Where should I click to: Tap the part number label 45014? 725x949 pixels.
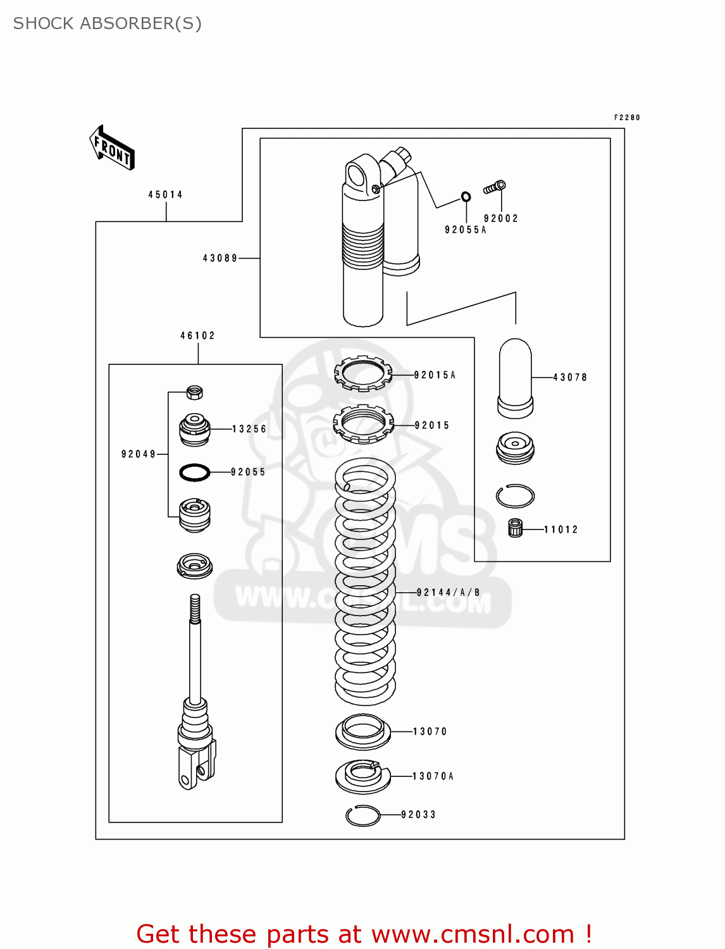(166, 195)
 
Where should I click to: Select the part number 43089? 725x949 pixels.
(220, 258)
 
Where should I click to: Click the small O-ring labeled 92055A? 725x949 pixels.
(466, 197)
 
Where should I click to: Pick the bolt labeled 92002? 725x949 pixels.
(495, 187)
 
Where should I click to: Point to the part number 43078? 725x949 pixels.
(570, 378)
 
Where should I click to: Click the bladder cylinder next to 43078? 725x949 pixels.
(515, 378)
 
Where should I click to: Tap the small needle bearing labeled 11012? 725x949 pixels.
(516, 528)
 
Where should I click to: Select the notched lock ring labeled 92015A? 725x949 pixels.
(363, 373)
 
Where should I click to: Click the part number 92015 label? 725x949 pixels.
(432, 426)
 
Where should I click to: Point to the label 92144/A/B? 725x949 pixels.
(449, 593)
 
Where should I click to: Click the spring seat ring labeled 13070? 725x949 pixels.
(362, 732)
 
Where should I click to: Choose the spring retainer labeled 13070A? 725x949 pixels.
(363, 776)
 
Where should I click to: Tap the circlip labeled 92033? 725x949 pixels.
(363, 816)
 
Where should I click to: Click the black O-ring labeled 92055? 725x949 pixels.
(195, 472)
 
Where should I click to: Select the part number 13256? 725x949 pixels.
(249, 429)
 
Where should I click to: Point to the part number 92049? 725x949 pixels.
(139, 454)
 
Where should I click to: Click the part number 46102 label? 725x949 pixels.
(197, 336)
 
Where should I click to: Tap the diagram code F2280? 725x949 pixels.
(627, 118)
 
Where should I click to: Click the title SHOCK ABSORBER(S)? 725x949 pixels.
(108, 23)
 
